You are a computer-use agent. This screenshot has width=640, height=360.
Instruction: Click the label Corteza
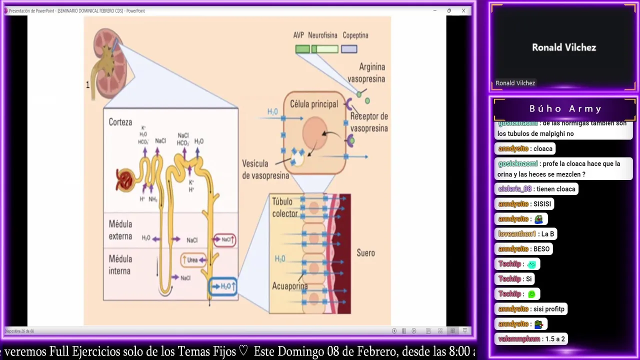tap(120, 122)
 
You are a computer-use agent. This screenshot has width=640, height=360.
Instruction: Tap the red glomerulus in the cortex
tap(124, 180)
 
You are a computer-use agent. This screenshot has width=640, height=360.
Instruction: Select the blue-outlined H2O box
tap(223, 286)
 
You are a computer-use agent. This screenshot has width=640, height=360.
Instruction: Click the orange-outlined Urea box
tap(193, 260)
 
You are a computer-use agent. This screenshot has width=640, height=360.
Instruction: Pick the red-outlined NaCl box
tap(224, 239)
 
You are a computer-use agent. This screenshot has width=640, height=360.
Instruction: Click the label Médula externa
tap(120, 230)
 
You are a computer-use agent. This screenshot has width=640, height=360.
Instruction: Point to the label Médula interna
tap(120, 265)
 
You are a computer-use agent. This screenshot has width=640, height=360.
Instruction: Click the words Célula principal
tap(314, 104)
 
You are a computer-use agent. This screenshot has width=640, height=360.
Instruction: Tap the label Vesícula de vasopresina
tap(265, 169)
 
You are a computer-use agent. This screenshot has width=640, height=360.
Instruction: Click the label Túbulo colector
tap(285, 207)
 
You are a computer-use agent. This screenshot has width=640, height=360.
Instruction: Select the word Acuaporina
tap(289, 286)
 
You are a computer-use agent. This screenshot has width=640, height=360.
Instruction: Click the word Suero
tap(365, 253)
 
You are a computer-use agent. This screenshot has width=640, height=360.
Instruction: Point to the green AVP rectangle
tap(302, 49)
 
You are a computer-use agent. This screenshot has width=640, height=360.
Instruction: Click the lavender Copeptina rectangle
tap(349, 49)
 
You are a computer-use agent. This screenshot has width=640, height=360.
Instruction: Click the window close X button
tap(463, 10)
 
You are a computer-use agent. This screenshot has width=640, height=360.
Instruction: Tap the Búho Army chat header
tap(565, 108)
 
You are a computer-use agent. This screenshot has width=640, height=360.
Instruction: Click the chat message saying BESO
tap(541, 249)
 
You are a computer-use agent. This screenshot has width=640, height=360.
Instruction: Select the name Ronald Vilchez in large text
tap(564, 47)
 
